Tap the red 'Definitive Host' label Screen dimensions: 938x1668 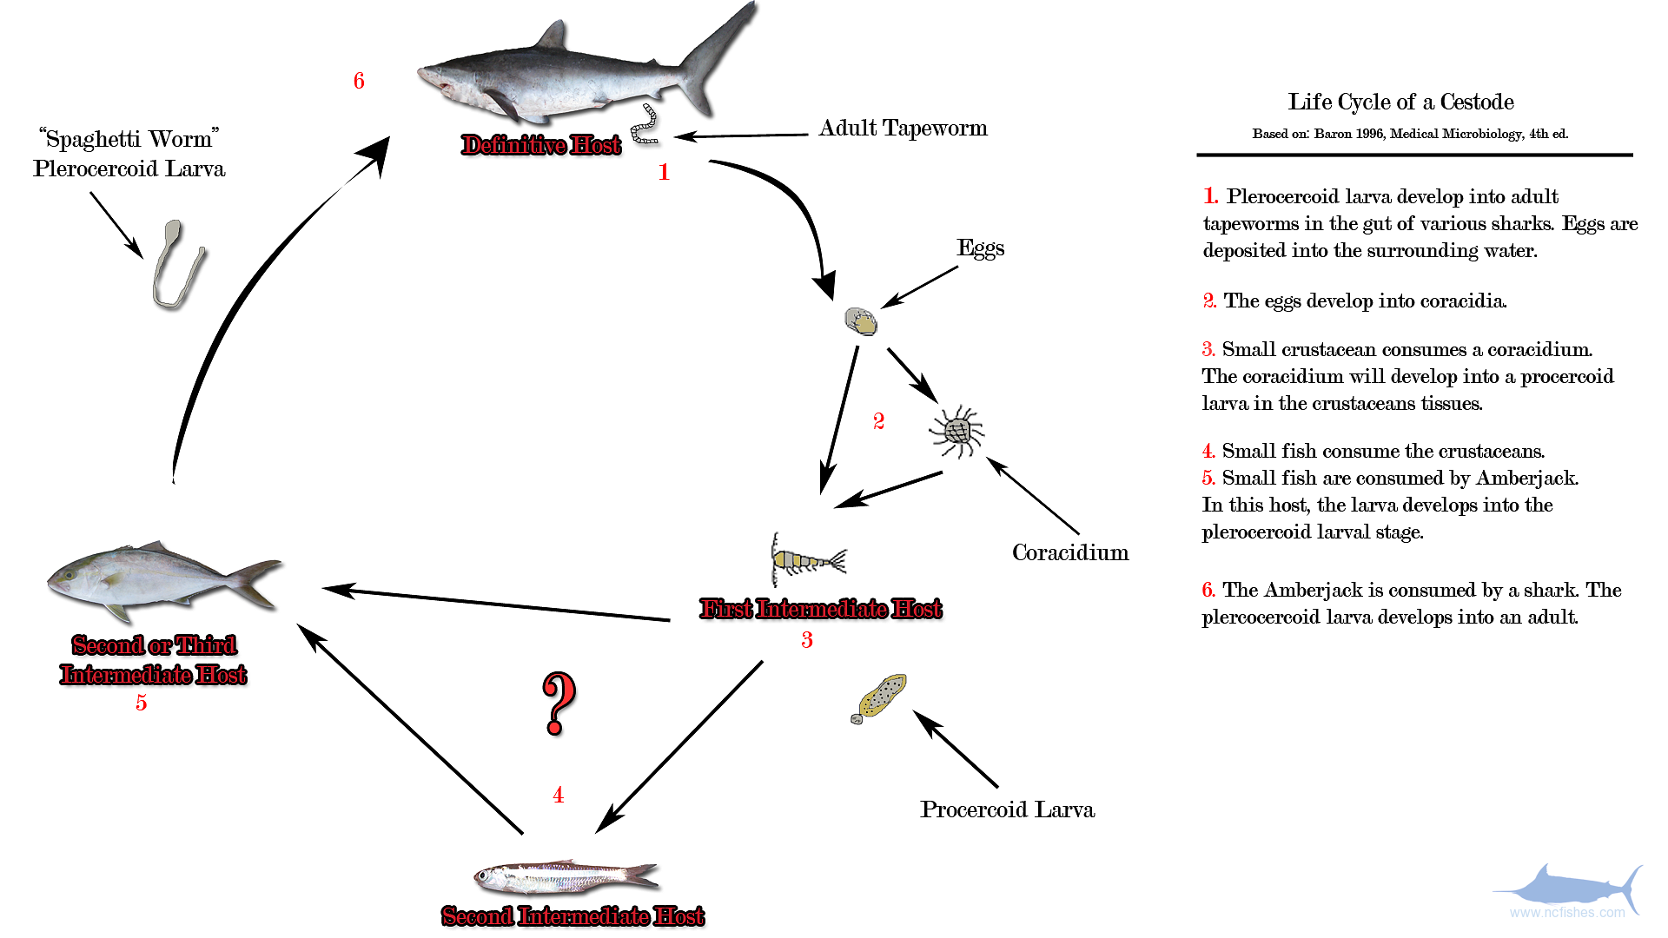click(541, 145)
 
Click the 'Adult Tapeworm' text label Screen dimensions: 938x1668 click(903, 129)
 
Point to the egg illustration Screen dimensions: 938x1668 click(861, 321)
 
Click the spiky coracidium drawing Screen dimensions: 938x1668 click(956, 431)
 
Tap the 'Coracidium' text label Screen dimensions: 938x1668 click(1069, 553)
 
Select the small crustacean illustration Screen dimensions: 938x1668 click(805, 558)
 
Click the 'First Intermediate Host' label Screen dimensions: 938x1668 click(820, 609)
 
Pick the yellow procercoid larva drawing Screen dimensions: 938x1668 click(881, 697)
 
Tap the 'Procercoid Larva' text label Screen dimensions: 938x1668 click(1007, 809)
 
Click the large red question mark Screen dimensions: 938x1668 click(559, 702)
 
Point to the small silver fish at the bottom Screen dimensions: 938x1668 click(565, 877)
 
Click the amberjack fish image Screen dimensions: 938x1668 click(161, 578)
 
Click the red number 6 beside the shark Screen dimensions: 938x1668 click(359, 81)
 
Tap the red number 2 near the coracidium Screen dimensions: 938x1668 click(878, 421)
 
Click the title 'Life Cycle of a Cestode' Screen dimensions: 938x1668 click(1400, 102)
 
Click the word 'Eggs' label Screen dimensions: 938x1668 click(980, 248)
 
